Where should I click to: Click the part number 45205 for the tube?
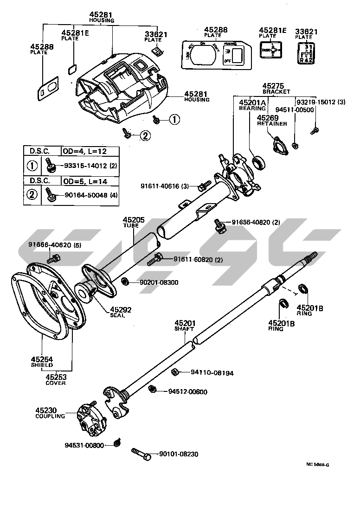click(134, 220)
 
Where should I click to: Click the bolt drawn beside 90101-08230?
click(141, 454)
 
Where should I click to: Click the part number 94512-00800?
click(187, 391)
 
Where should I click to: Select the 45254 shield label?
click(41, 359)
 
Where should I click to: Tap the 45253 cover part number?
click(55, 378)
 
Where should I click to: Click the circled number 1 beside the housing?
click(174, 120)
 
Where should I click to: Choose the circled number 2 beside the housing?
click(145, 135)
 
